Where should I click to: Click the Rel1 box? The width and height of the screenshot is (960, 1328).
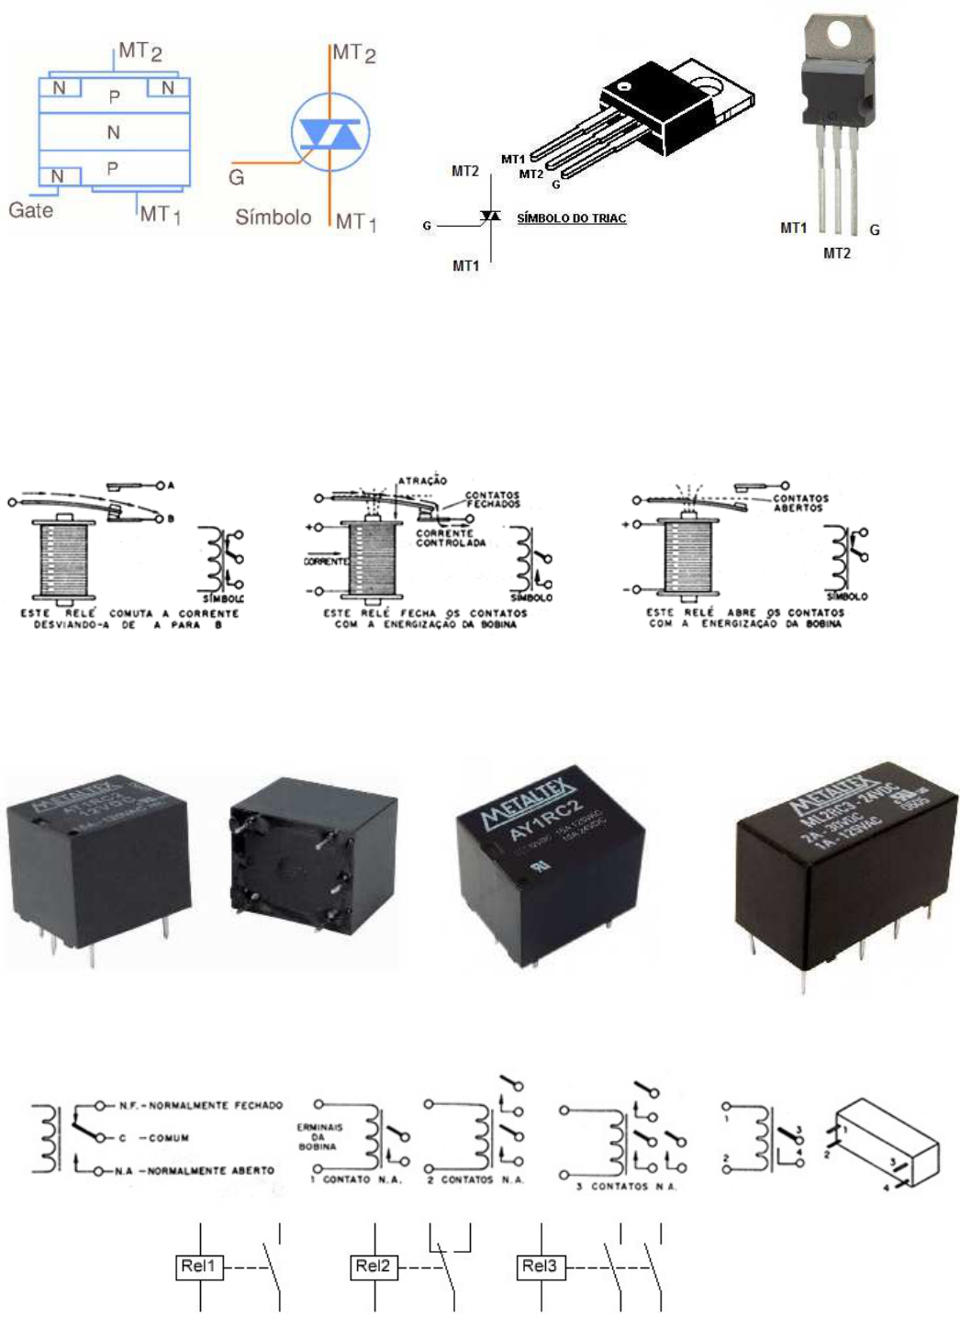199,1267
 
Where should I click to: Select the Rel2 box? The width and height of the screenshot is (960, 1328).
374,1267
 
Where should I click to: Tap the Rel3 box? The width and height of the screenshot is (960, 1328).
541,1267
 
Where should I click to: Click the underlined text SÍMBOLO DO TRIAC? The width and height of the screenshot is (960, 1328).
571,218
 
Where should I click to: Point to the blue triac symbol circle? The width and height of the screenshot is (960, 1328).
329,134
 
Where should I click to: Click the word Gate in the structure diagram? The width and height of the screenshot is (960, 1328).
30,210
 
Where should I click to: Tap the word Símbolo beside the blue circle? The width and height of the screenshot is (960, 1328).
273,218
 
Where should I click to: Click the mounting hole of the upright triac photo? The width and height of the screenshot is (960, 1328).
839,35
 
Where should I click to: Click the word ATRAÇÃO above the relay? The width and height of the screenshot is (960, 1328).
422,480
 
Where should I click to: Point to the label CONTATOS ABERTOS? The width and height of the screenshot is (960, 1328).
799,503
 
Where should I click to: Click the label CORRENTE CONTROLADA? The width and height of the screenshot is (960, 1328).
450,538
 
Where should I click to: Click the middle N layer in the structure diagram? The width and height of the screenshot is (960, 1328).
113,133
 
